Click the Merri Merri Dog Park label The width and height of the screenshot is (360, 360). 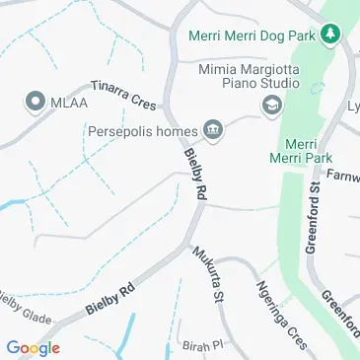[x=258, y=35]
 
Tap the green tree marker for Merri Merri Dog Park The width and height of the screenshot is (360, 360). [x=335, y=35]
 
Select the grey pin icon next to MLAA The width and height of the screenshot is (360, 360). [x=36, y=101]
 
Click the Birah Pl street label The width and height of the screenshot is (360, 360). [x=204, y=346]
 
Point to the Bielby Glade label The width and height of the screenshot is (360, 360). [x=22, y=308]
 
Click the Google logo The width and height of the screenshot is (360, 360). [x=33, y=347]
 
